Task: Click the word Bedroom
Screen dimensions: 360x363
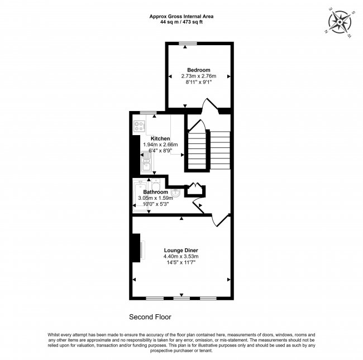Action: [x=198, y=70]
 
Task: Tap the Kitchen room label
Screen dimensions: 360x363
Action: [x=160, y=138]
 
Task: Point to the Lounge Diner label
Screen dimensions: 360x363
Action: [x=181, y=250]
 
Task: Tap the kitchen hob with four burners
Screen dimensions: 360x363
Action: [x=139, y=126]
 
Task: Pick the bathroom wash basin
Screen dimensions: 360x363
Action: [x=175, y=193]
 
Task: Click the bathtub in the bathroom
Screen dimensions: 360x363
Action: [x=139, y=195]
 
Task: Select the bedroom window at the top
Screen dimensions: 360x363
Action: [x=187, y=44]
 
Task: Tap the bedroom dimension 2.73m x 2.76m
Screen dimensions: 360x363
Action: [x=198, y=76]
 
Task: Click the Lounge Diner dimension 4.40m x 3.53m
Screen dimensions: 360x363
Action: [x=181, y=256]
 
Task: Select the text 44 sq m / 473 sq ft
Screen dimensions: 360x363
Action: [x=181, y=22]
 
